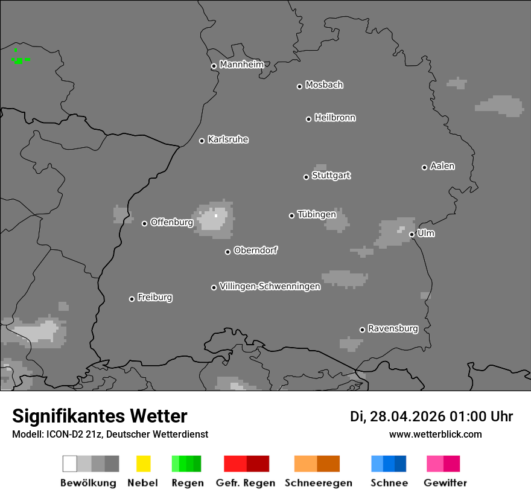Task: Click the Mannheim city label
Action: (241, 65)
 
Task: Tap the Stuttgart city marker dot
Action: (306, 177)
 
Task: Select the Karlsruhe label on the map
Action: (227, 139)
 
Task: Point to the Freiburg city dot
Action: (132, 299)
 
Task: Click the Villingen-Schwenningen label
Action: (270, 286)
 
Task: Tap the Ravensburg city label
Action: (393, 328)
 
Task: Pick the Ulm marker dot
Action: (412, 234)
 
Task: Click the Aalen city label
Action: (442, 166)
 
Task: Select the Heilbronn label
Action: (335, 118)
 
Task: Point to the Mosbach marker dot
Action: (299, 86)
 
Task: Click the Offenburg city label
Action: (171, 222)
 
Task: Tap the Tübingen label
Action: (317, 214)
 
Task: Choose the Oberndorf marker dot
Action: (227, 252)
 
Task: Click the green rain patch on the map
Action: (19, 60)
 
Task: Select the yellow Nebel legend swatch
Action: (143, 464)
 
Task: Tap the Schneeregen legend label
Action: (318, 483)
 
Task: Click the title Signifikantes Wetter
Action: (100, 416)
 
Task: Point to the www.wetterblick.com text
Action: (435, 434)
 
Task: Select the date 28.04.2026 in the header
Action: (408, 416)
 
